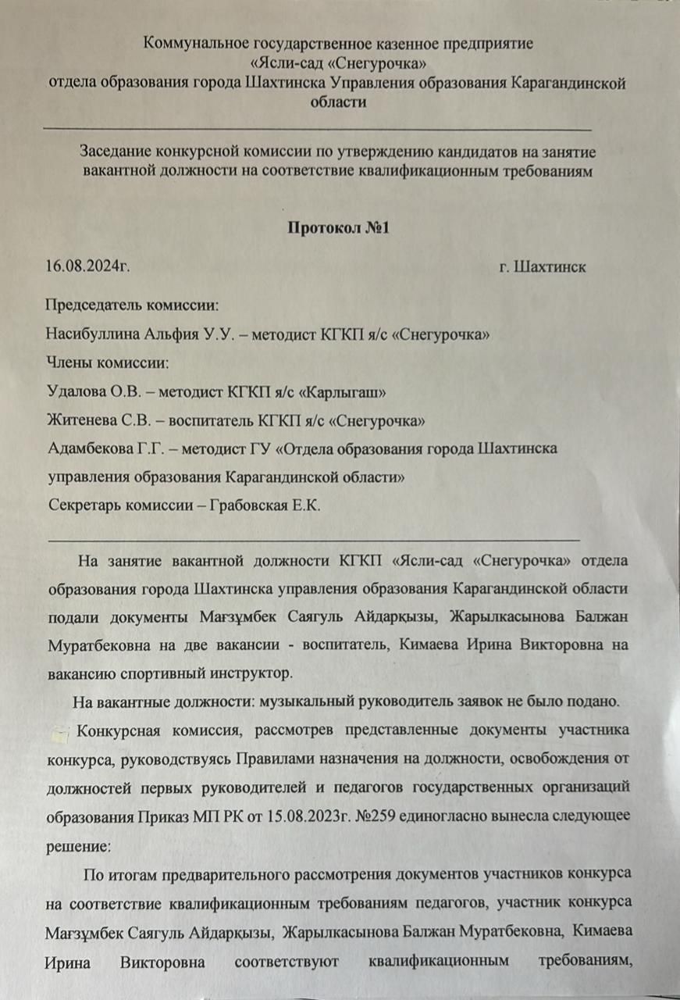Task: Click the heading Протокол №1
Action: tap(338, 228)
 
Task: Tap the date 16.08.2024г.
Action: tap(88, 267)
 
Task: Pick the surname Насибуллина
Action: tap(94, 334)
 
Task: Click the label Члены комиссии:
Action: tap(109, 363)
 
